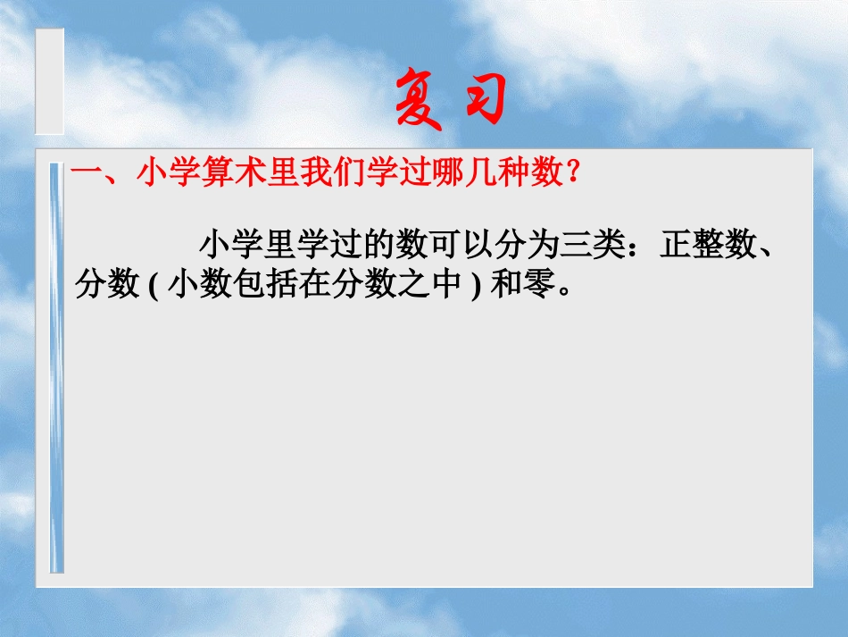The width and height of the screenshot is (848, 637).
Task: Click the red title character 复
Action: coord(419,101)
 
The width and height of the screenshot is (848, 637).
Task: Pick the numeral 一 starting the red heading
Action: coord(87,172)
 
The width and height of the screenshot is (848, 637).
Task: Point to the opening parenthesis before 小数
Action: coord(153,286)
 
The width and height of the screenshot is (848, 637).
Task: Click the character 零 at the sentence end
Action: coord(539,286)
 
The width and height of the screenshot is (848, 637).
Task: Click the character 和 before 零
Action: coord(507,286)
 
